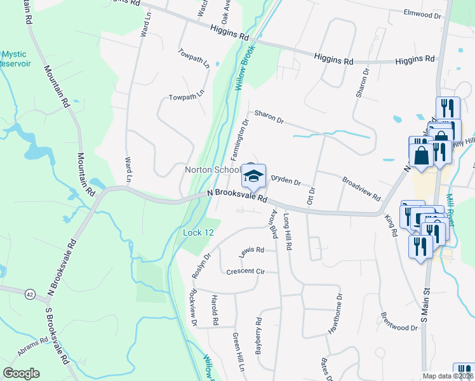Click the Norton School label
pyautogui.click(x=212, y=170)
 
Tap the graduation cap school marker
pyautogui.click(x=253, y=176)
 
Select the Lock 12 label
pyautogui.click(x=198, y=233)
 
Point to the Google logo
pyautogui.click(x=21, y=373)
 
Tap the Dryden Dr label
pyautogui.click(x=285, y=181)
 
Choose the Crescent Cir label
pyautogui.click(x=245, y=272)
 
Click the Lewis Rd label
pyautogui.click(x=251, y=251)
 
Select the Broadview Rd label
pyautogui.click(x=361, y=189)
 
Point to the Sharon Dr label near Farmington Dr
pyautogui.click(x=269, y=117)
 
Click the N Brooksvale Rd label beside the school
pyautogui.click(x=237, y=196)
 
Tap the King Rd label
pyautogui.click(x=391, y=225)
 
